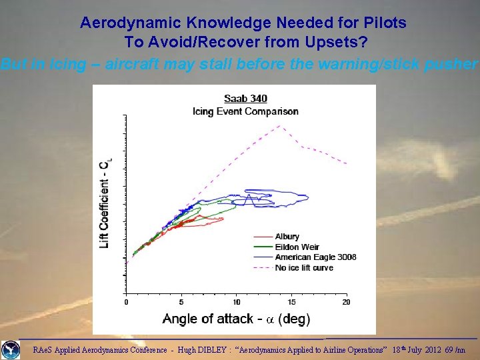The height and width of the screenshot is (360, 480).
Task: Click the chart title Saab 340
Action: (245, 99)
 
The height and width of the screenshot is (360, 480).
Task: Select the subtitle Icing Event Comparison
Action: (245, 111)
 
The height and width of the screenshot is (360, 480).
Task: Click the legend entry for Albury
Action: (287, 237)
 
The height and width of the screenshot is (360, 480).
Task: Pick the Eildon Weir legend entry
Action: (297, 247)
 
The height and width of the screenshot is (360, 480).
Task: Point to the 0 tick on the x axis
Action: (127, 302)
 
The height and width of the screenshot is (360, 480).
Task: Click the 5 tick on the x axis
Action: (181, 302)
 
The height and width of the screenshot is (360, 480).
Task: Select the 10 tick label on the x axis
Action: (237, 302)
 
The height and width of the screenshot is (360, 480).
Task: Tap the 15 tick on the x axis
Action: (291, 302)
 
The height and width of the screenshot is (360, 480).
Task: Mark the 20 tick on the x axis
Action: (346, 302)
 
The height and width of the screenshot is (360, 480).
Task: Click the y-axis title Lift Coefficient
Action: (105, 203)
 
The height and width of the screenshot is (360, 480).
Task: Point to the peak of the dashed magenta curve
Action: (280, 125)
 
